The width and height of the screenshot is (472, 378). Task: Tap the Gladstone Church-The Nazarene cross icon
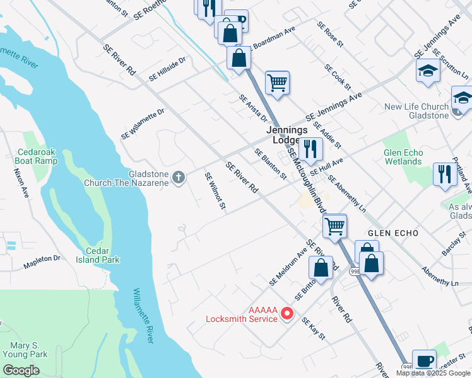coord(179,178)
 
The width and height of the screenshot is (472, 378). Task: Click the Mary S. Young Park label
coord(29,350)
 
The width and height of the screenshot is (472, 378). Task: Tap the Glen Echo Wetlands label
coord(403,157)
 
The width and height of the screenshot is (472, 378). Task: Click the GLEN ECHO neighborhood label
coord(393,233)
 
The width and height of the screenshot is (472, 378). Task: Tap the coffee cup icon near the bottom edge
coord(424,361)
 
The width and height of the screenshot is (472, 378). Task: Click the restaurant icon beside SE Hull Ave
coord(310,149)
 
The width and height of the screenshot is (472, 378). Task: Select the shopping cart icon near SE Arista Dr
coord(277,82)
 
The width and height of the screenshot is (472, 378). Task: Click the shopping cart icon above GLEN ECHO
coord(334,225)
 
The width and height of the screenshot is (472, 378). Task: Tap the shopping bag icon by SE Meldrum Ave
coord(321,267)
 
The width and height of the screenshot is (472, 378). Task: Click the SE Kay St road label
coord(313,329)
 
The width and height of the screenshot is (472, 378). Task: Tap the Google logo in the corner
coord(20,370)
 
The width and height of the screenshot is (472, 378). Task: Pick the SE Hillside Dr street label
coord(168,69)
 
